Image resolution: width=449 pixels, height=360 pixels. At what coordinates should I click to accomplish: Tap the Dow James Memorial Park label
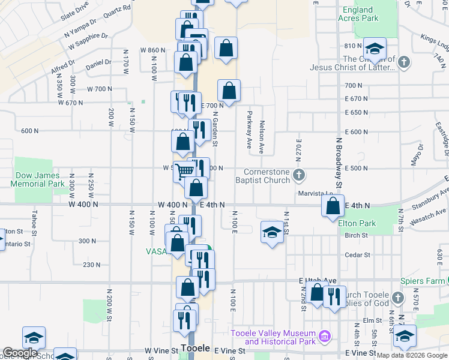click(x=40, y=179)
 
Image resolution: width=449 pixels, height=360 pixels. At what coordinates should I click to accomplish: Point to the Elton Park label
click(x=357, y=223)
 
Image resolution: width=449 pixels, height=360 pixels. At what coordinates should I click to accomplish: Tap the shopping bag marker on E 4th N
click(x=333, y=207)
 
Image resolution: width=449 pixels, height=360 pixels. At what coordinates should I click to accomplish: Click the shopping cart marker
click(x=185, y=172)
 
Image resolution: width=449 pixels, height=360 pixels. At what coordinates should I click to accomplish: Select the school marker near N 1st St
click(x=272, y=233)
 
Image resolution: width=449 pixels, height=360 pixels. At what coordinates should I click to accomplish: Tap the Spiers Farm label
click(x=421, y=280)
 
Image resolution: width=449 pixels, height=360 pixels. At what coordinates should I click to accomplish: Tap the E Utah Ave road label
click(x=318, y=280)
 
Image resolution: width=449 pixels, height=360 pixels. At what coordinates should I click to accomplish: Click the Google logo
click(x=20, y=353)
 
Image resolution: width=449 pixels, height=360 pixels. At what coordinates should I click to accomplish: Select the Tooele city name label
click(x=195, y=349)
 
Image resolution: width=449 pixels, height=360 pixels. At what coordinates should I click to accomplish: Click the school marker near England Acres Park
click(x=375, y=50)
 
